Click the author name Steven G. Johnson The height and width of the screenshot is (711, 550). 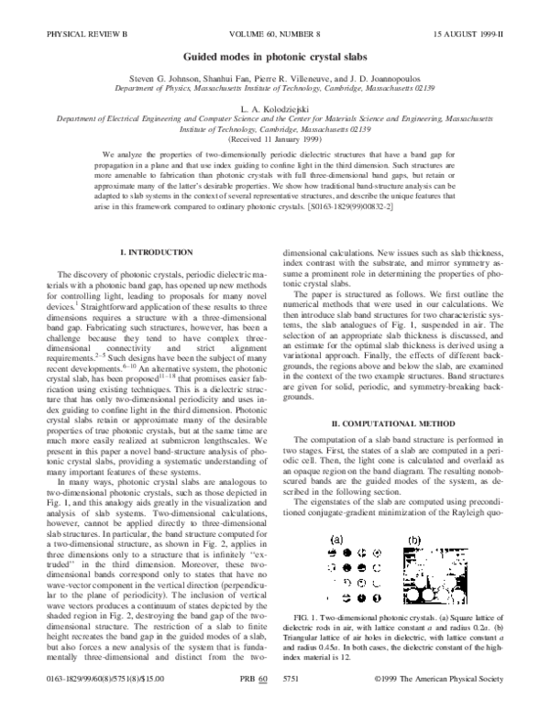(173, 80)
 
